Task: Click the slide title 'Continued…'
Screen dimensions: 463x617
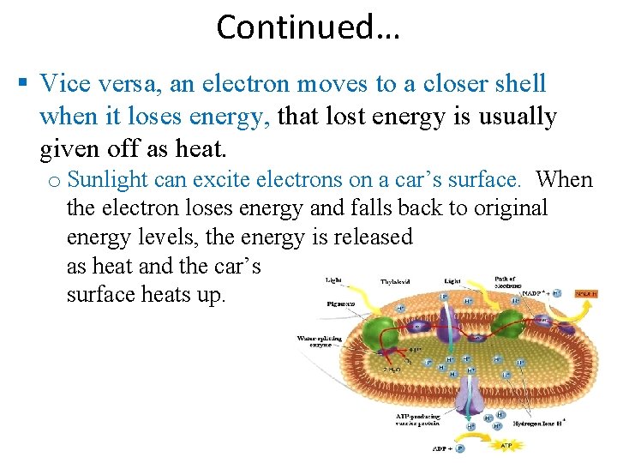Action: (x=308, y=27)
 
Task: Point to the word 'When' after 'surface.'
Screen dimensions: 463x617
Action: (x=564, y=179)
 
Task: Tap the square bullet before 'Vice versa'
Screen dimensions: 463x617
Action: (x=23, y=84)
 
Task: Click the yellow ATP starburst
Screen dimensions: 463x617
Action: (x=505, y=444)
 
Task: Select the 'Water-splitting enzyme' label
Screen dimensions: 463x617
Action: (x=318, y=340)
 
